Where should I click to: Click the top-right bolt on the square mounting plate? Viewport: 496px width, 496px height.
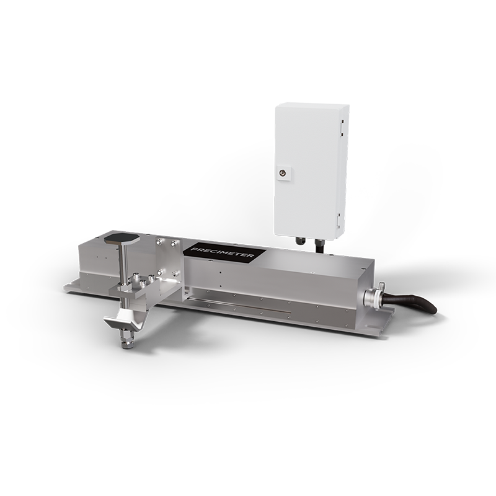pyautogui.click(x=174, y=242)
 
